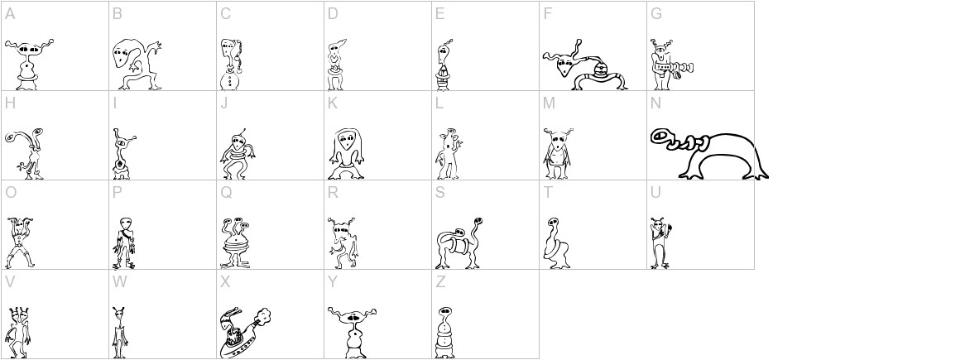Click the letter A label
click(9, 13)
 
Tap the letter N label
click(655, 103)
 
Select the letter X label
click(224, 282)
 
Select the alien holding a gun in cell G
click(666, 66)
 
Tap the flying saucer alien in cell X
click(244, 331)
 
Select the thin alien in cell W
click(121, 331)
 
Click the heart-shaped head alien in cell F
click(583, 66)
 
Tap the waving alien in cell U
click(660, 242)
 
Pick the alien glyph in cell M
click(556, 153)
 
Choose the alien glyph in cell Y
click(353, 331)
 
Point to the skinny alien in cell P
click(125, 242)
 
